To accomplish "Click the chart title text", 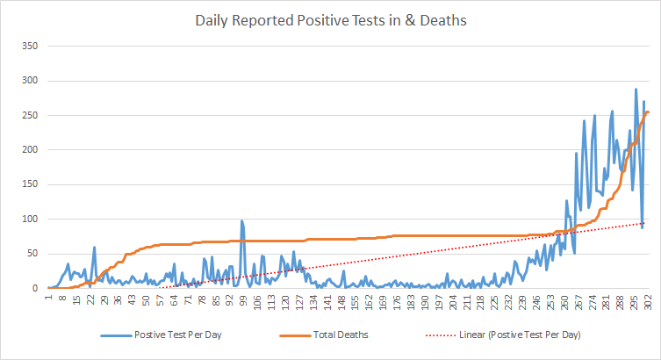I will [330, 18].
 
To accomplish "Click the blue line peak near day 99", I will [241, 221].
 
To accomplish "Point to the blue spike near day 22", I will [94, 248].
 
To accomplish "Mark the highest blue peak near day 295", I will [636, 90].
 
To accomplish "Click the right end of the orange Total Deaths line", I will [648, 112].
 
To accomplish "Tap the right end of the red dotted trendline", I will [648, 223].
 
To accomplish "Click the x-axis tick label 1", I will [49, 301].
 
